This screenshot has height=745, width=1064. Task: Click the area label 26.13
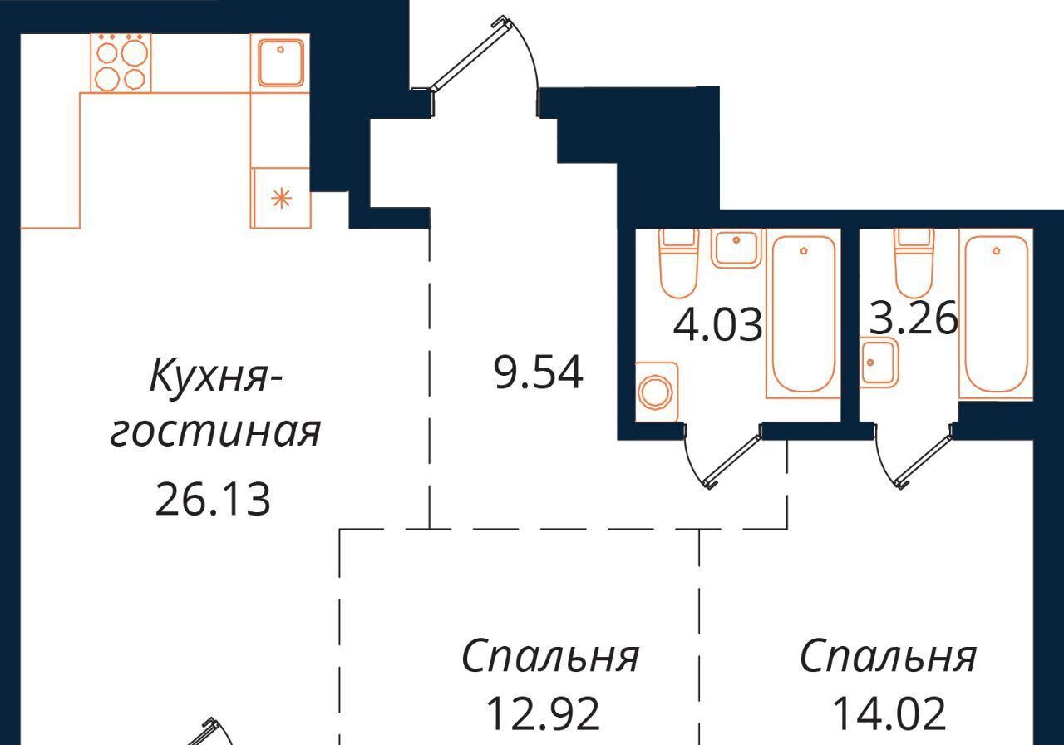pyautogui.click(x=213, y=500)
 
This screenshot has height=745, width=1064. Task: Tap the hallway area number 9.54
pyautogui.click(x=538, y=373)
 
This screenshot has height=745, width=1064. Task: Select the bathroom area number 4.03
pyautogui.click(x=717, y=325)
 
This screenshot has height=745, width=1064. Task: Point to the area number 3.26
pyautogui.click(x=913, y=318)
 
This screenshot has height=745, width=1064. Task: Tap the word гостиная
pyautogui.click(x=215, y=432)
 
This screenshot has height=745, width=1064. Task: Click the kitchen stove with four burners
pyautogui.click(x=121, y=62)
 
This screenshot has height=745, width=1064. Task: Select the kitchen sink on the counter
pyautogui.click(x=280, y=63)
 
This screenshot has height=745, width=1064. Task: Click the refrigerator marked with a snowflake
pyautogui.click(x=281, y=198)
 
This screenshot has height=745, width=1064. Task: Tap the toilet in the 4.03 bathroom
pyautogui.click(x=679, y=263)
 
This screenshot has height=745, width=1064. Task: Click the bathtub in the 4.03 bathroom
pyautogui.click(x=803, y=313)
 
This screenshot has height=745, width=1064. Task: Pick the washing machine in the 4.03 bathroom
pyautogui.click(x=657, y=392)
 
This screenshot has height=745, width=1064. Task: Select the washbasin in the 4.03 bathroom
pyautogui.click(x=736, y=249)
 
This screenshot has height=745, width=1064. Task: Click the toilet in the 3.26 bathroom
pyautogui.click(x=914, y=263)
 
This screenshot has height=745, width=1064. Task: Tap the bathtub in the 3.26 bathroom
pyautogui.click(x=996, y=313)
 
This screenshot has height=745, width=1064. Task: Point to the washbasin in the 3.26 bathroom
pyautogui.click(x=879, y=362)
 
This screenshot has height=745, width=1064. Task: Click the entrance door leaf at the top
pyautogui.click(x=468, y=53)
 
